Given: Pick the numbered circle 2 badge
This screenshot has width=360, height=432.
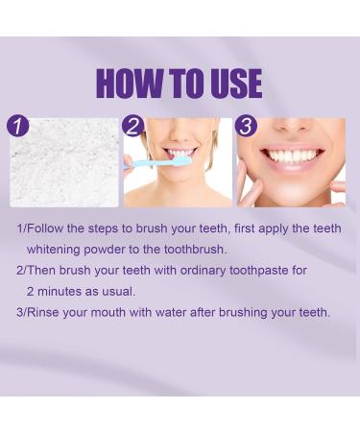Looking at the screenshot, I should pyautogui.click(x=132, y=126).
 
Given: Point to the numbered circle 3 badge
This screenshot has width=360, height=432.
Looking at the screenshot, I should pyautogui.click(x=247, y=126).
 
